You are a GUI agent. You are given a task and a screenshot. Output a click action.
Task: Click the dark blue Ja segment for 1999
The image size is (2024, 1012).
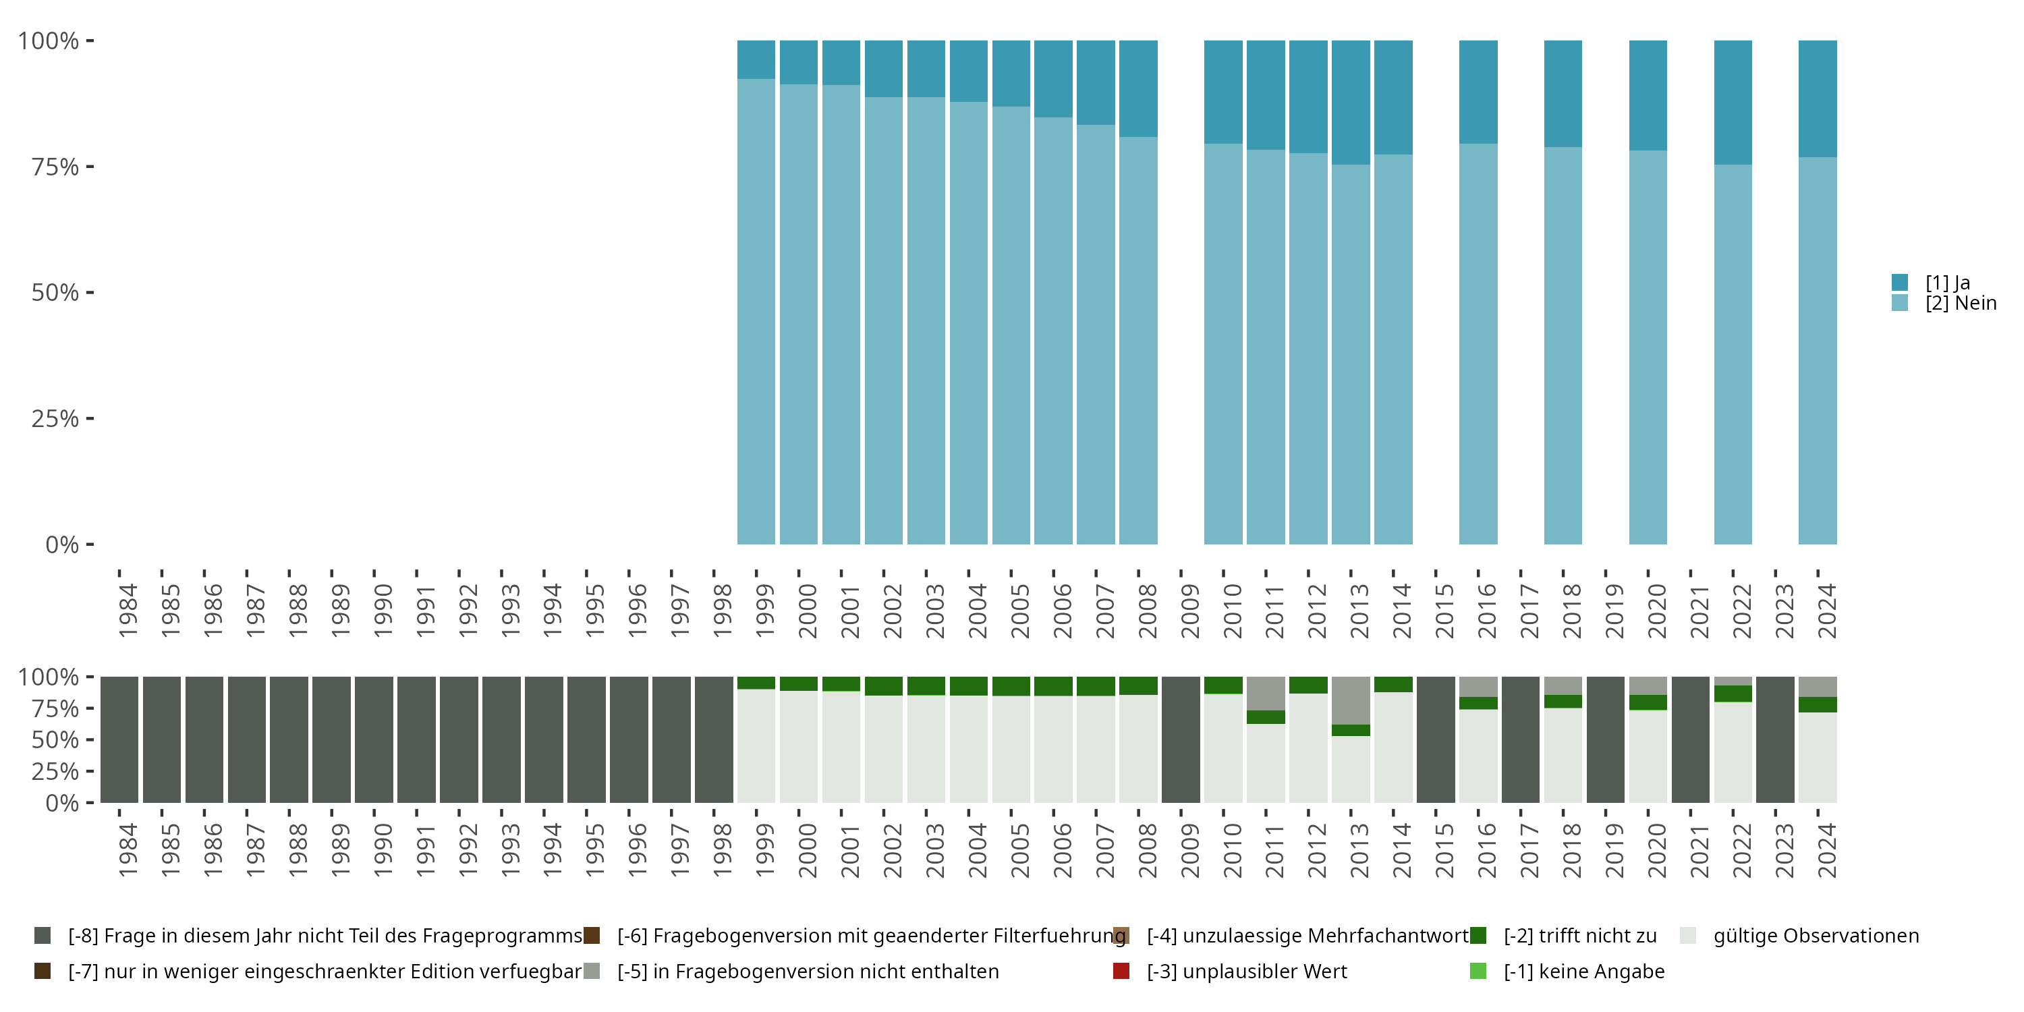click(x=756, y=60)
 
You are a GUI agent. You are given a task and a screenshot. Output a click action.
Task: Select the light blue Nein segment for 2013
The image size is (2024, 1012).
click(x=1351, y=354)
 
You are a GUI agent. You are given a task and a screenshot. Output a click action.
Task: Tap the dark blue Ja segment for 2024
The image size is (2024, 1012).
click(x=1818, y=99)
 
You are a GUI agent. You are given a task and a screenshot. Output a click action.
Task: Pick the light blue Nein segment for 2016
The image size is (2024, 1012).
click(x=1478, y=343)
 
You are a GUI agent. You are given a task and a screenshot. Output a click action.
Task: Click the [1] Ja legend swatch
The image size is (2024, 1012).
click(x=1900, y=282)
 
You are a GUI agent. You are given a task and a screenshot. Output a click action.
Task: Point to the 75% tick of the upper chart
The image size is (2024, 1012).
click(x=55, y=167)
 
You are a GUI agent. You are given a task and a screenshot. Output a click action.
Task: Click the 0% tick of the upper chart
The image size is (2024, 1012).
click(x=61, y=544)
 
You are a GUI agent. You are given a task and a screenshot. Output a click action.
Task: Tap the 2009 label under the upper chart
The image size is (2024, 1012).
click(x=1189, y=611)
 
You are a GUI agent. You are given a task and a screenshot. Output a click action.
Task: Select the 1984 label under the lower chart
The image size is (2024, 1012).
click(x=128, y=850)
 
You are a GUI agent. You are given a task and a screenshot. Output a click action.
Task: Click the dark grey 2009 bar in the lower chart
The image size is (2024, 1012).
click(x=1180, y=739)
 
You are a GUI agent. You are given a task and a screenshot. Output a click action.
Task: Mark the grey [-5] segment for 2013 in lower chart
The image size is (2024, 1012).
click(x=1351, y=700)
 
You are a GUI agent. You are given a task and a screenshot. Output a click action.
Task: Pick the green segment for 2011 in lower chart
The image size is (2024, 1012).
click(x=1266, y=716)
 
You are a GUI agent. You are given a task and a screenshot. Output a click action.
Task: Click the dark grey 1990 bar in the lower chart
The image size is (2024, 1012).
click(x=373, y=739)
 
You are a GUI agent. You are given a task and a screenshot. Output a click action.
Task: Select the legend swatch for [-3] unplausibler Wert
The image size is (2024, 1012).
click(x=1121, y=971)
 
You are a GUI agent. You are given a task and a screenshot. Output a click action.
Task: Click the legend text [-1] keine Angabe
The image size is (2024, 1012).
click(x=1583, y=971)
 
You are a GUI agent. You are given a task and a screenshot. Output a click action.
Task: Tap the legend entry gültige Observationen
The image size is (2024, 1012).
click(x=1815, y=936)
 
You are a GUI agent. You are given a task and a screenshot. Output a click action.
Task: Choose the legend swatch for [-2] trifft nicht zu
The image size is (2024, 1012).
click(x=1478, y=936)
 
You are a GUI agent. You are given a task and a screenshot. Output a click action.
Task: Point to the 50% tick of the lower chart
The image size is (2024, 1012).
click(x=55, y=739)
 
